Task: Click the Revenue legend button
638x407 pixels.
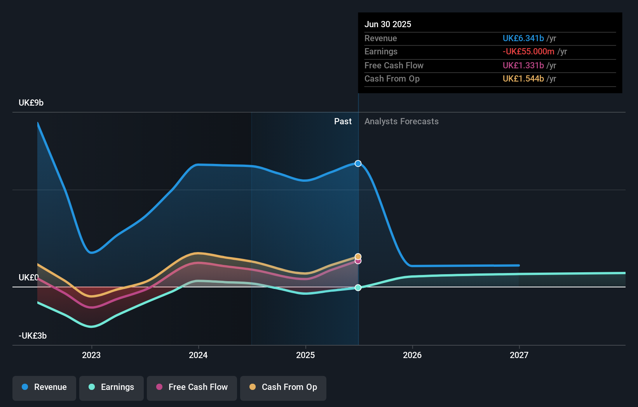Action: (x=44, y=387)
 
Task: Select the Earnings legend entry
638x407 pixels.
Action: (x=112, y=387)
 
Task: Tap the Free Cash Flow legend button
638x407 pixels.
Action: (x=192, y=387)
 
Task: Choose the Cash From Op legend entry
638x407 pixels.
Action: (x=283, y=387)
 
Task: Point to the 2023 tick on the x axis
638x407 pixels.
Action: (x=91, y=355)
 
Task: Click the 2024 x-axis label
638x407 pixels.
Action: (x=198, y=355)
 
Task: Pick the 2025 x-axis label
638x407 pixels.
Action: (x=305, y=355)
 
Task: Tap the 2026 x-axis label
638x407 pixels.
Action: (x=412, y=355)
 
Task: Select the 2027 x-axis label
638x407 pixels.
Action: (x=519, y=355)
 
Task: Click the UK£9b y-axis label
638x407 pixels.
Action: (x=31, y=103)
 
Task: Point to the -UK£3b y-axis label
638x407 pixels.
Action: (x=33, y=336)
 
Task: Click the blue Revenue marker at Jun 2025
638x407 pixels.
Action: (x=358, y=163)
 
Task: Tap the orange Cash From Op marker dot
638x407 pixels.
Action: (x=358, y=256)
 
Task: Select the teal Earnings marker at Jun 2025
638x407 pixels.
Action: (x=358, y=287)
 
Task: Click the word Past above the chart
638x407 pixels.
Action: (x=343, y=122)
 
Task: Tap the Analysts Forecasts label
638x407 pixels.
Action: (x=401, y=122)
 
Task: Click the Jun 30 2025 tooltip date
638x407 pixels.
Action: (x=388, y=24)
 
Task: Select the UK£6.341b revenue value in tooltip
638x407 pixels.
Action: (x=523, y=38)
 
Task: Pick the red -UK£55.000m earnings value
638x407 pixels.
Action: (x=528, y=52)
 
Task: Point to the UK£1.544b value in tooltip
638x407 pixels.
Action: (x=523, y=79)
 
